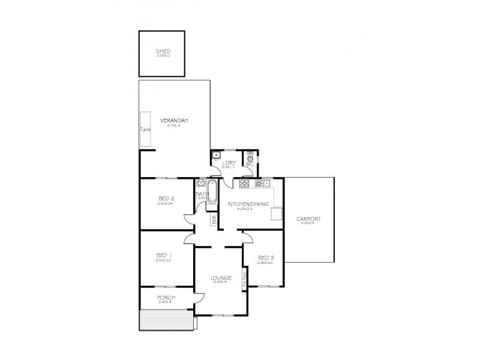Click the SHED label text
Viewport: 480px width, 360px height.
(x=163, y=51)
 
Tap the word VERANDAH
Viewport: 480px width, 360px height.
(x=174, y=121)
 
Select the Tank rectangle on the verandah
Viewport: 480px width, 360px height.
(x=145, y=129)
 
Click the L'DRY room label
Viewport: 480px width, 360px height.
(x=228, y=163)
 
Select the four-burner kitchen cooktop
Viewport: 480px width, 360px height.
(x=245, y=183)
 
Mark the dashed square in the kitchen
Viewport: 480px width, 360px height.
(x=277, y=214)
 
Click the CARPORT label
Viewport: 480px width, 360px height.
(x=308, y=219)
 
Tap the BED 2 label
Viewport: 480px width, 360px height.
(x=166, y=199)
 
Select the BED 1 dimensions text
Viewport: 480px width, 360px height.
(x=164, y=260)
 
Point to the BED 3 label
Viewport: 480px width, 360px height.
(x=265, y=257)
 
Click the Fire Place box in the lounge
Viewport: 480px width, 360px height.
(x=244, y=280)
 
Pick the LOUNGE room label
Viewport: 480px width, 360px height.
(x=221, y=278)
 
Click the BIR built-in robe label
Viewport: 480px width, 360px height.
(x=213, y=220)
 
